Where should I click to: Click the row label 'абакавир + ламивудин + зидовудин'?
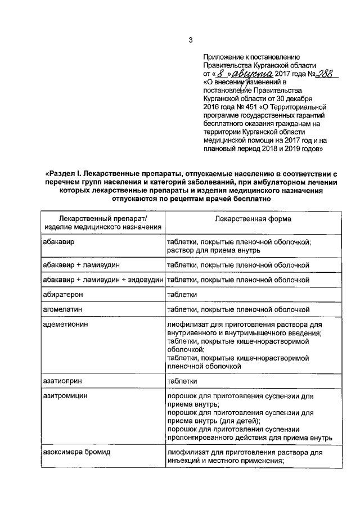(103, 279)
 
